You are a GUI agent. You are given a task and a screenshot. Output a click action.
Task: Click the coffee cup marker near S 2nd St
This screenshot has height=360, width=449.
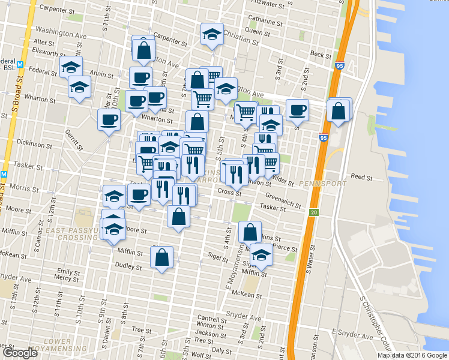click(297, 110)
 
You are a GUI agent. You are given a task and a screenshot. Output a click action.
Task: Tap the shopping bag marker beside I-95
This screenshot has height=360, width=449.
click(339, 111)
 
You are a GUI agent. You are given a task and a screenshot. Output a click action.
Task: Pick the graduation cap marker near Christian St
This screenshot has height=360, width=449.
click(211, 34)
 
